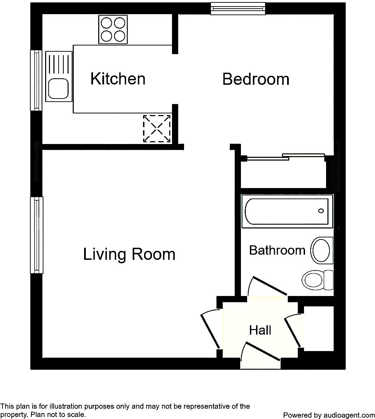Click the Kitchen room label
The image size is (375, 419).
118,79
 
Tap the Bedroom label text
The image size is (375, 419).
256,79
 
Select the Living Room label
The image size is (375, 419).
129,254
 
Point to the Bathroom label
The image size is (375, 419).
277,250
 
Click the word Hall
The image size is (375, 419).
260,330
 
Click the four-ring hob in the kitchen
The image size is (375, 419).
113,29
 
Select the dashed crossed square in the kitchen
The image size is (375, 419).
157,129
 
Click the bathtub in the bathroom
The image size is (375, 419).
287,211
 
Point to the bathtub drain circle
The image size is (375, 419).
321,211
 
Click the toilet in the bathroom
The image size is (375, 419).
317,280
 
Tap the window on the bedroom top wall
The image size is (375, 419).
238,9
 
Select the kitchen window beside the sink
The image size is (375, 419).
36,80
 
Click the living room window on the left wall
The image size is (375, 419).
36,235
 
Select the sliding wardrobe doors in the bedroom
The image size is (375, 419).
285,157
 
